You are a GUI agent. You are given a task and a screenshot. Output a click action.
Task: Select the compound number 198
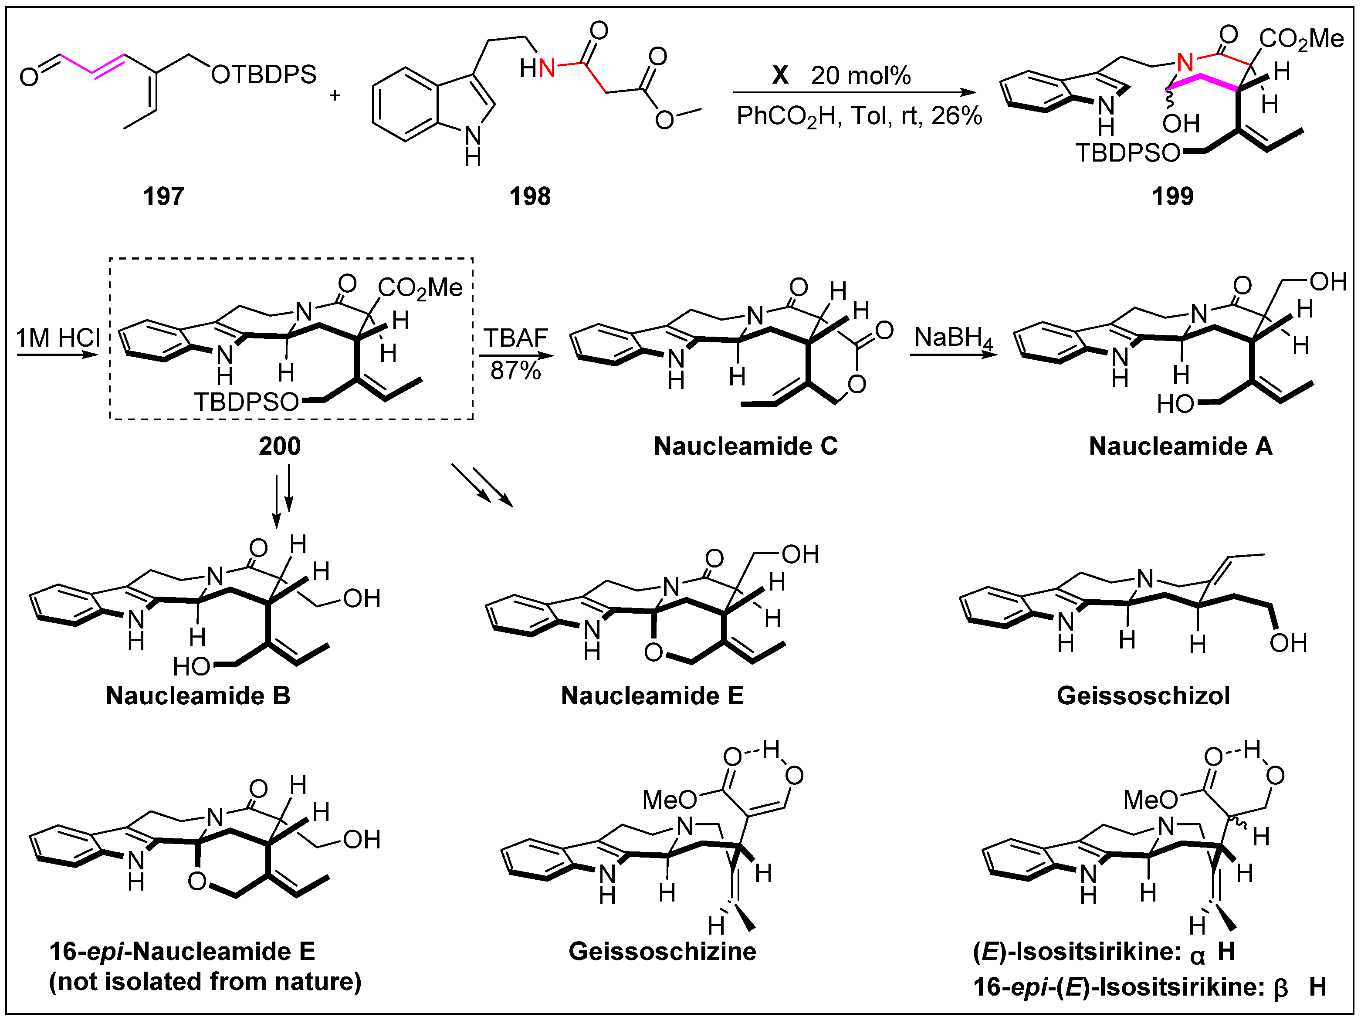point(529,196)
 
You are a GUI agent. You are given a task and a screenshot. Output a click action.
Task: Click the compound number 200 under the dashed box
point(279,446)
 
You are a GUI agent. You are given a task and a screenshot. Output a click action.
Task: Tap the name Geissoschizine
point(662,951)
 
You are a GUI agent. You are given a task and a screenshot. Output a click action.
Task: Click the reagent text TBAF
point(515,338)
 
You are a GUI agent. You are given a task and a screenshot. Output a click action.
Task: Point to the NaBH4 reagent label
point(953,338)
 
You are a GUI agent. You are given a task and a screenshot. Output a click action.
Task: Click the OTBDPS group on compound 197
point(263,74)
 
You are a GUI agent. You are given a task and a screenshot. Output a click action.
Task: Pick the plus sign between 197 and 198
point(335,95)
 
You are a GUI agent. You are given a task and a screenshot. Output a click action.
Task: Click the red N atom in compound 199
point(1185,62)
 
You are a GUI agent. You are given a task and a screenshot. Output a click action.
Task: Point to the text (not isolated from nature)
point(205,982)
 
